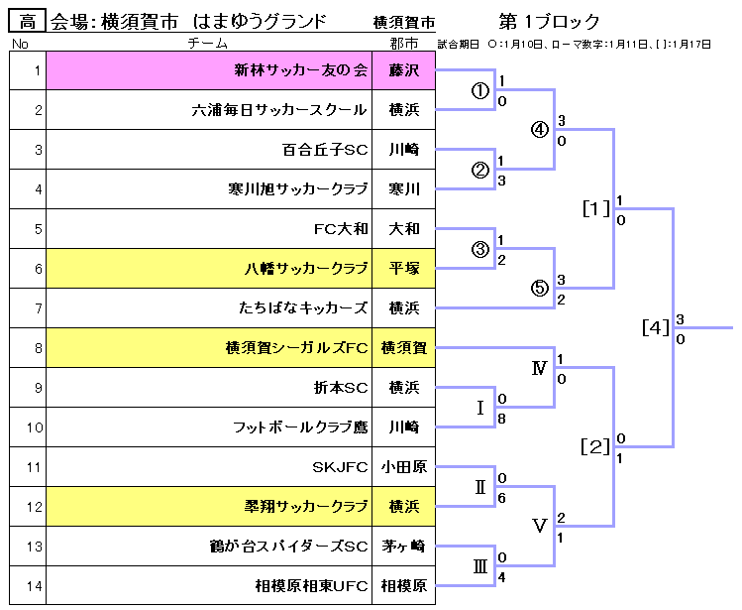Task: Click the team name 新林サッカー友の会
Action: pyautogui.click(x=300, y=70)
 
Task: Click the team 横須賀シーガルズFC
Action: pyautogui.click(x=297, y=348)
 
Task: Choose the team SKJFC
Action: pyautogui.click(x=340, y=467)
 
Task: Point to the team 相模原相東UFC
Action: pyautogui.click(x=311, y=586)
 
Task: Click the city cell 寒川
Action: pyautogui.click(x=404, y=189)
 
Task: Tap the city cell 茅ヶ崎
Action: pyautogui.click(x=404, y=547)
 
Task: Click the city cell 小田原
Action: pyautogui.click(x=404, y=467)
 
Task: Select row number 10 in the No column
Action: pyautogui.click(x=35, y=427)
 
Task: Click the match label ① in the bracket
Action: pyautogui.click(x=480, y=90)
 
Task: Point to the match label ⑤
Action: pyautogui.click(x=539, y=289)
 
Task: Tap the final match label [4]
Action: pyautogui.click(x=656, y=327)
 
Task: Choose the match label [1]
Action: pyautogui.click(x=596, y=209)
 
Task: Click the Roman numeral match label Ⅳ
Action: pyautogui.click(x=539, y=369)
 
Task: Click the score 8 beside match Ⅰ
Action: pyautogui.click(x=503, y=419)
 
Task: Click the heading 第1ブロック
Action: pyautogui.click(x=550, y=22)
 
